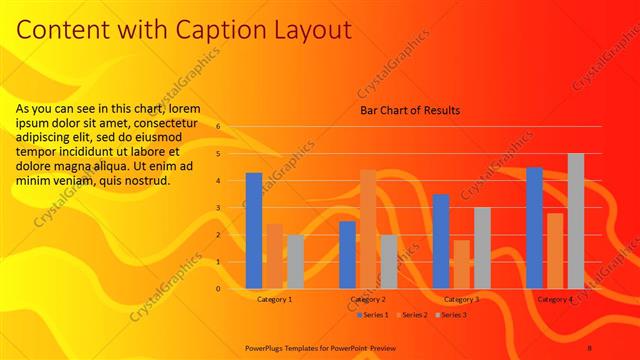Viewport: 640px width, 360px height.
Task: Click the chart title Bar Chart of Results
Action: (410, 110)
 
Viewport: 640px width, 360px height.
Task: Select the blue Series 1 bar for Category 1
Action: (254, 231)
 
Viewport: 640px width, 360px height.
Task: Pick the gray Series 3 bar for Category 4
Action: (575, 221)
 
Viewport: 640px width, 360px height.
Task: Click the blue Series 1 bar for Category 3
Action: (441, 241)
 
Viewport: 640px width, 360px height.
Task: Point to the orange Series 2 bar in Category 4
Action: (555, 251)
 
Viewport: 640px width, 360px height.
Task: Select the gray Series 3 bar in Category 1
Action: (295, 261)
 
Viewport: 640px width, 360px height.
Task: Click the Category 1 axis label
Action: (275, 299)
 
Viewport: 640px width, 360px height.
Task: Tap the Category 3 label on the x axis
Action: (461, 299)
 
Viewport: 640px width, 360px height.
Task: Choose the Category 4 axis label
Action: (555, 299)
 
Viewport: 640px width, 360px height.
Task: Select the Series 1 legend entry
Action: (372, 315)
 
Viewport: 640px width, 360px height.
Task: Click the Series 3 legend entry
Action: (452, 315)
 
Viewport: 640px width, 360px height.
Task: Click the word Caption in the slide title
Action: (213, 30)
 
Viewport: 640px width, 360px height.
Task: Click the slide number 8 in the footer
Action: (590, 347)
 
